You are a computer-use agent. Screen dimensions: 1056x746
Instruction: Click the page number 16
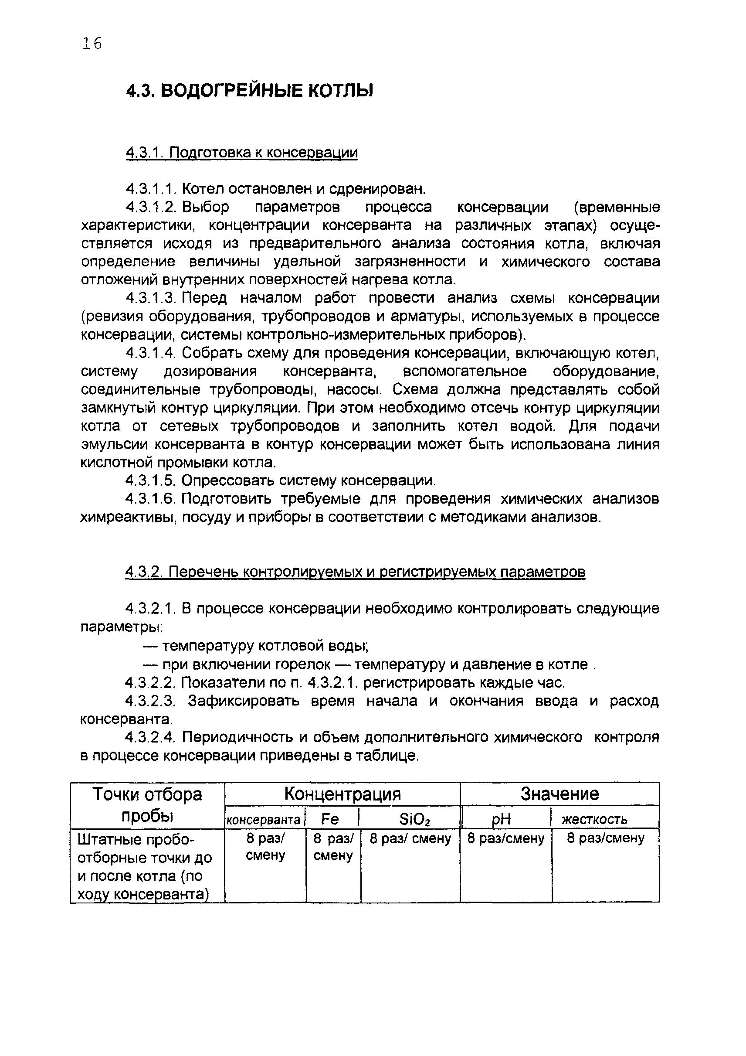92,44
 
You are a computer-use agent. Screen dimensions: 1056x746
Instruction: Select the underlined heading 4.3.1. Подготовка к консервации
241,152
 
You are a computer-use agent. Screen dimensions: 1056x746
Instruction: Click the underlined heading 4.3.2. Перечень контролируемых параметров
355,572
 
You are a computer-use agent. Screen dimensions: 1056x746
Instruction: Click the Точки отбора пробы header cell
147,805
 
